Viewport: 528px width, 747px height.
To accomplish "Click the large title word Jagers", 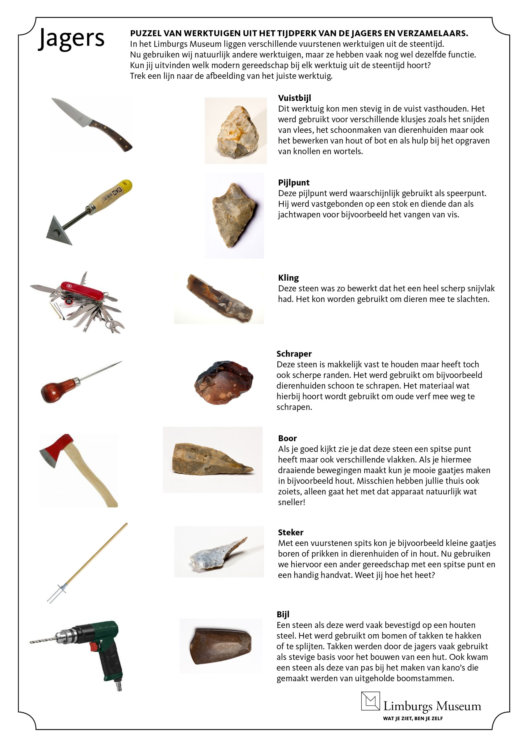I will (x=71, y=39).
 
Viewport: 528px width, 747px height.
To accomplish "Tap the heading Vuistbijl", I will (x=294, y=98).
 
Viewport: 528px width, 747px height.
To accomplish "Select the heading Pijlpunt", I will (x=293, y=183).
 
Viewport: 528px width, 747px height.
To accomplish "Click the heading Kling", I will (x=288, y=277).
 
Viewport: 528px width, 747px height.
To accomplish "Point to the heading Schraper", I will (x=294, y=354).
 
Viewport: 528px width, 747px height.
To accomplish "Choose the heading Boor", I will (x=287, y=438).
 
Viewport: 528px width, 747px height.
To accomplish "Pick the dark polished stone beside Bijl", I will (x=221, y=646).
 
